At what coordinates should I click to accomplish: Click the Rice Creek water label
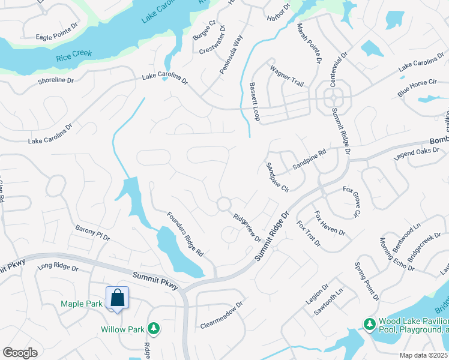[x=74, y=54]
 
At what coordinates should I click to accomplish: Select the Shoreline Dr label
[x=55, y=80]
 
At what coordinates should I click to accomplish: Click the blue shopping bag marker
[x=118, y=298]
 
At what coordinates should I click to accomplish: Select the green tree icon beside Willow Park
[x=154, y=328]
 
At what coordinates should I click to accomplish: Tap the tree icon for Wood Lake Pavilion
[x=369, y=325]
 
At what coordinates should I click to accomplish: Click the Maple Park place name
[x=82, y=304]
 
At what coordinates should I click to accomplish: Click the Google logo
[x=20, y=352]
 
